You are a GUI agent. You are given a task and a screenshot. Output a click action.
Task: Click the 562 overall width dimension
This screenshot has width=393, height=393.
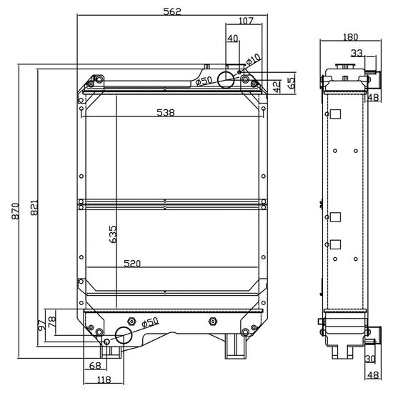click(x=172, y=11)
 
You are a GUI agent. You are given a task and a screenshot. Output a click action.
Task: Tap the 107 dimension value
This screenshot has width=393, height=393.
click(x=246, y=21)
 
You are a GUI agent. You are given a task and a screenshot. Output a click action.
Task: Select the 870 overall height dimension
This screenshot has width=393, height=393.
click(x=15, y=211)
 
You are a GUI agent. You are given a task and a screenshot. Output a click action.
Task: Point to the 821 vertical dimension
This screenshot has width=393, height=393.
click(x=34, y=207)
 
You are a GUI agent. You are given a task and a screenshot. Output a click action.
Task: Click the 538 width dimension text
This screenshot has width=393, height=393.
click(x=166, y=112)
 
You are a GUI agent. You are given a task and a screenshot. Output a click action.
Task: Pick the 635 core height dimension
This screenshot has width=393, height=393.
click(x=113, y=234)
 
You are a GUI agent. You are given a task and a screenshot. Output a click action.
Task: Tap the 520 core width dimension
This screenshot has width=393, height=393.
click(x=132, y=264)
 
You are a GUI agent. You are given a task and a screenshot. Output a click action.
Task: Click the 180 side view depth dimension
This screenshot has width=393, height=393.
click(x=350, y=37)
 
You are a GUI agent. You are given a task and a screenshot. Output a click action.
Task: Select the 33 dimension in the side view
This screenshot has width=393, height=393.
click(x=357, y=53)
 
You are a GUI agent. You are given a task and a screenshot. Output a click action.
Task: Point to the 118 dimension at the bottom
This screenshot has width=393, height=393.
click(x=104, y=379)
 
